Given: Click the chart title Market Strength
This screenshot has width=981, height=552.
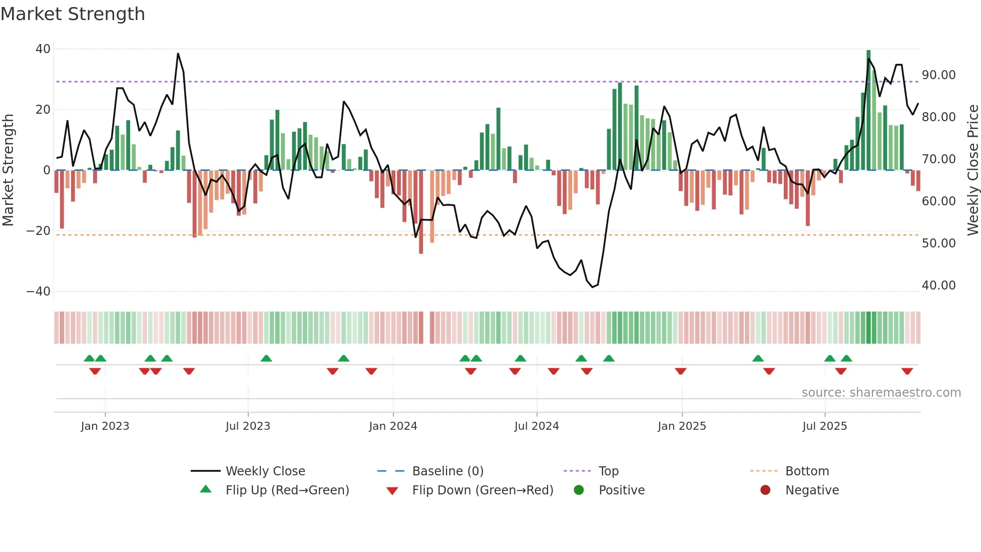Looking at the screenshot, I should [x=73, y=14].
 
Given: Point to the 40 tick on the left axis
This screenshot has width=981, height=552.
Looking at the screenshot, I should [x=43, y=49].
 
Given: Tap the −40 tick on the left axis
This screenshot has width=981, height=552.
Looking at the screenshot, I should [x=39, y=292].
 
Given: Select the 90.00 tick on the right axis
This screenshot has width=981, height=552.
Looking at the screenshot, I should [x=938, y=75].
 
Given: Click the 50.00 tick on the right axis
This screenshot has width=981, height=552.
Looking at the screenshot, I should [x=938, y=243].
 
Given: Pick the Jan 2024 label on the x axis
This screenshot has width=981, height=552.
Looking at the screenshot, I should [x=393, y=426].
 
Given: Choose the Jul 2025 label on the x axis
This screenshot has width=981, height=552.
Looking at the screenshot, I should [x=824, y=426].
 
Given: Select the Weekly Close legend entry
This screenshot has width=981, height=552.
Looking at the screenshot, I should [x=265, y=471].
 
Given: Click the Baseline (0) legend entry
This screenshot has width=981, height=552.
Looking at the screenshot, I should [x=447, y=471].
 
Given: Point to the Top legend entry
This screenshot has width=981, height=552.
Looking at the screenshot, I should [x=609, y=471].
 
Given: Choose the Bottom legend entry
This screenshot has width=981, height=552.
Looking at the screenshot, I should [x=807, y=471].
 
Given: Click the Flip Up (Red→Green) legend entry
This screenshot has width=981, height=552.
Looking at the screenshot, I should [x=287, y=490].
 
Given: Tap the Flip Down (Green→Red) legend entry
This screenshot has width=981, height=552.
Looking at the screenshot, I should [x=482, y=490].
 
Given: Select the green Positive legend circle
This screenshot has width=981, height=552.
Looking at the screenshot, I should [x=579, y=490].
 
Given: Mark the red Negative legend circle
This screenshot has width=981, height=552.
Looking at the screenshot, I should [x=765, y=490].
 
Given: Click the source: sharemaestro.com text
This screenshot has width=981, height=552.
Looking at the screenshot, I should [x=881, y=393].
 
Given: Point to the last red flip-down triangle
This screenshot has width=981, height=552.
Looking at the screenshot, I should [x=907, y=371].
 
